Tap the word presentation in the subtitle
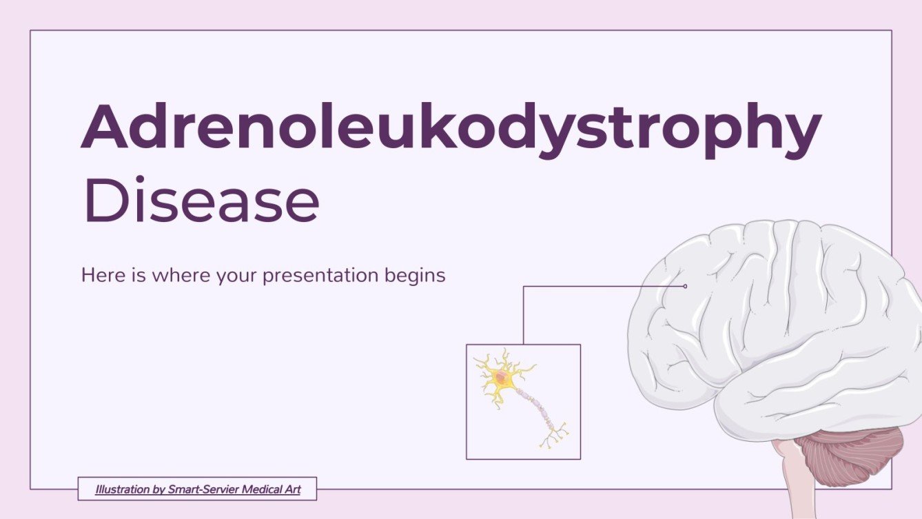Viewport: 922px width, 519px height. point(321,276)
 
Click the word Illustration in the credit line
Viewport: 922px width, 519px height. point(121,490)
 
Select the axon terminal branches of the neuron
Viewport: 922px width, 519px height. point(555,434)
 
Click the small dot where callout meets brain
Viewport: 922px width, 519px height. point(685,286)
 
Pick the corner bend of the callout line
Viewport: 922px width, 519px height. point(524,287)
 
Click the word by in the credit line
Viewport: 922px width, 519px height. point(156,490)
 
